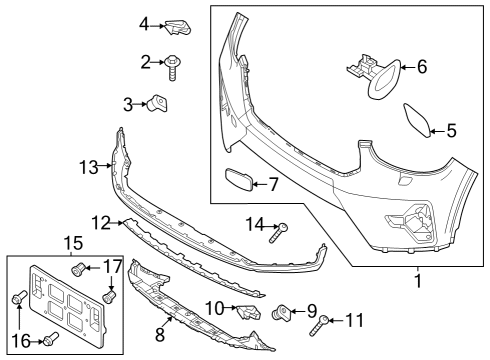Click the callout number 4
144,23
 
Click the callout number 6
421,68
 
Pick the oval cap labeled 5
417,120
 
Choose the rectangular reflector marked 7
236,182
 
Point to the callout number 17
113,267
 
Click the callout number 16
20,339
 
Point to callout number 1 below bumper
417,281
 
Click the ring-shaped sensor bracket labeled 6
382,77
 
